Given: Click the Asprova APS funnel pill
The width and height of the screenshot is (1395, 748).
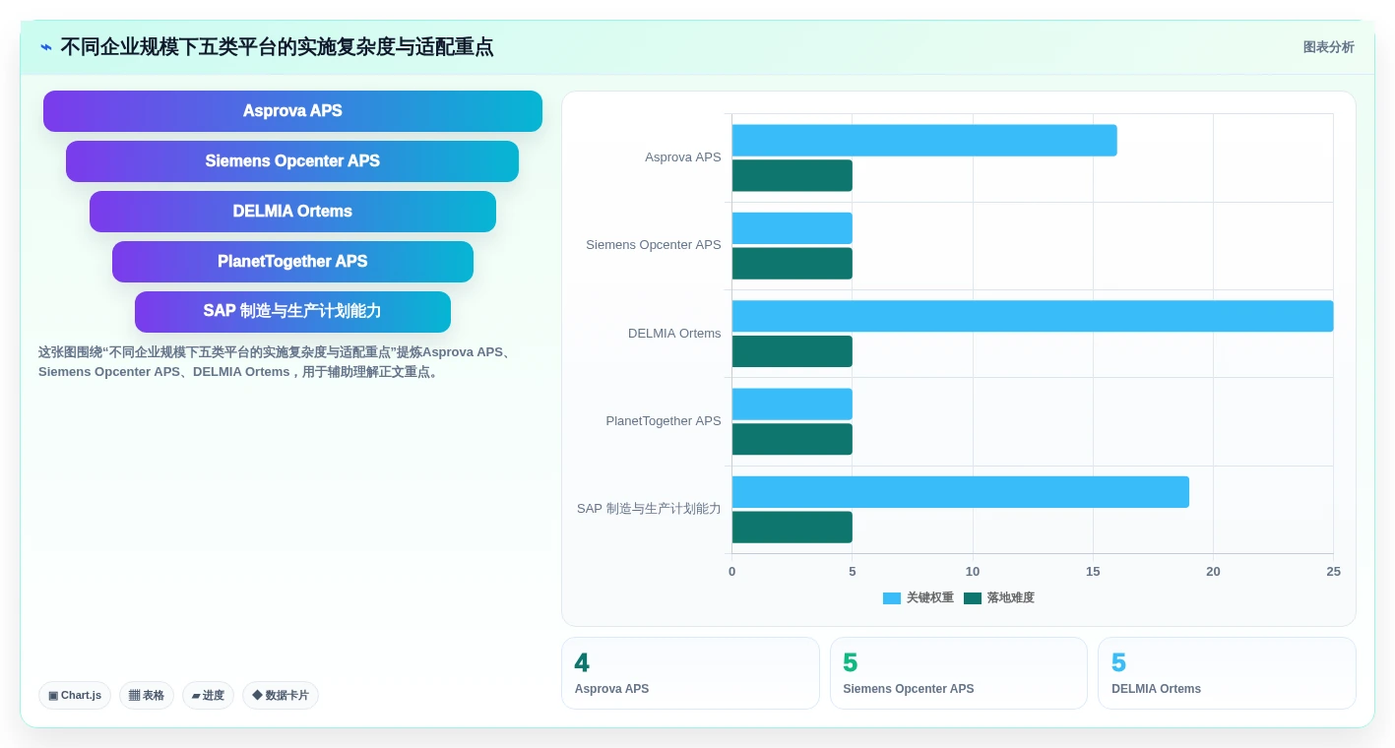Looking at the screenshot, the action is (x=292, y=111).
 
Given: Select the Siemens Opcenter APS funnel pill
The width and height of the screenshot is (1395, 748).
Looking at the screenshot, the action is (x=292, y=161).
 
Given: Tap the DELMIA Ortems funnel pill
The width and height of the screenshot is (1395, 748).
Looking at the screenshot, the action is (x=292, y=212).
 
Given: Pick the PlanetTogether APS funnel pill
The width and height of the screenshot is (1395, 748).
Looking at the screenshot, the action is (x=292, y=262).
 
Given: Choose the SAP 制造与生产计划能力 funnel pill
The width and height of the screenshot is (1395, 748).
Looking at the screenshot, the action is (x=292, y=311).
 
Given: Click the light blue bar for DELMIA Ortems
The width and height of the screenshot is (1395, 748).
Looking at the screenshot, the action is (x=1033, y=316).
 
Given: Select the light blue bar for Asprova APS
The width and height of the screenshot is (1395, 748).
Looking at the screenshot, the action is (x=924, y=140).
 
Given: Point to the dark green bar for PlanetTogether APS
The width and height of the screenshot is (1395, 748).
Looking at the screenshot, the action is (x=793, y=439).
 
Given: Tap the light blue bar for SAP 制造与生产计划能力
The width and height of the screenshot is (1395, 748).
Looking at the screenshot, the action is (x=960, y=492).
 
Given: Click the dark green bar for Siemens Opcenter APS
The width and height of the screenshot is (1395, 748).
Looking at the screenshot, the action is (x=793, y=264).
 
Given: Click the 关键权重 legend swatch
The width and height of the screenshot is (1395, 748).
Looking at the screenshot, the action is (x=892, y=597).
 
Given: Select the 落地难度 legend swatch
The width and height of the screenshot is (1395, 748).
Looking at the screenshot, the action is (x=973, y=597).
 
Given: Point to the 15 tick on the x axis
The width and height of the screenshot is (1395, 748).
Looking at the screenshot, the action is (x=1093, y=571).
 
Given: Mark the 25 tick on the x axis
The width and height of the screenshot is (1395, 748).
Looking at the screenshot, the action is (x=1333, y=571).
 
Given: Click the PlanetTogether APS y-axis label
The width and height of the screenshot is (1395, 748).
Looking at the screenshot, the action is (x=664, y=421).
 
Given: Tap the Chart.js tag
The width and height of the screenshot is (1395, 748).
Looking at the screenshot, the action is (x=75, y=695).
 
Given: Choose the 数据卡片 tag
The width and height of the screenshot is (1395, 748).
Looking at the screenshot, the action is (x=281, y=695).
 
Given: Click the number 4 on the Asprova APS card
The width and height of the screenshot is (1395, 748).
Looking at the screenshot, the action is (x=582, y=662).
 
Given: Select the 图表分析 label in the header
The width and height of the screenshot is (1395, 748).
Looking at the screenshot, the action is (x=1328, y=47).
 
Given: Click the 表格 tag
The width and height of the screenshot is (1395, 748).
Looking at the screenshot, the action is (x=147, y=695).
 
